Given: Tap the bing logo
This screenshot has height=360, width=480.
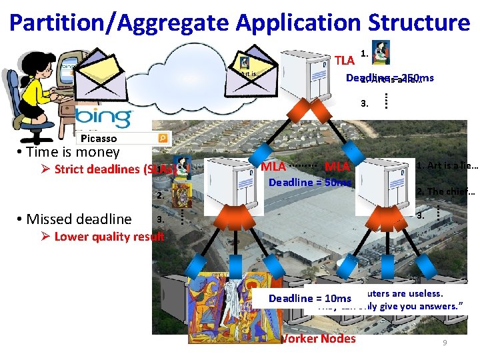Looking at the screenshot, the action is pos(103,116).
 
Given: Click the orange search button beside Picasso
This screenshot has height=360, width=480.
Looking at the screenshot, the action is pos(163,138).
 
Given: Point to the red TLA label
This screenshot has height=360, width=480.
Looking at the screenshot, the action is pos(344,61).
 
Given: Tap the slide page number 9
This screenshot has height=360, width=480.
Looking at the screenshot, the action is pos(445,343).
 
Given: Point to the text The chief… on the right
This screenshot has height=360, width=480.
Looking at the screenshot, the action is pos(445,192).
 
